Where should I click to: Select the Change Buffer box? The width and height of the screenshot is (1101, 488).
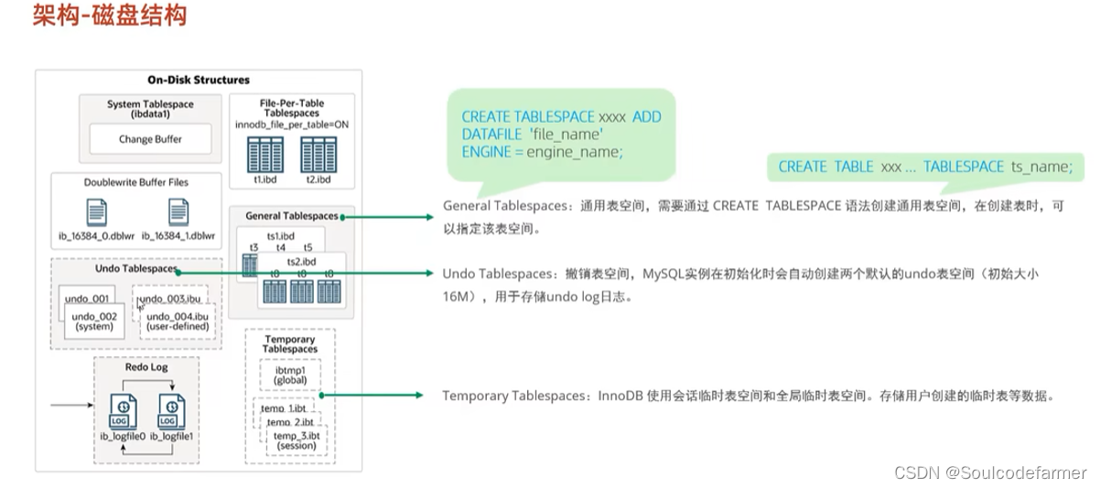point(150,140)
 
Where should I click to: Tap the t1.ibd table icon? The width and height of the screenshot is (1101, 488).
point(265,152)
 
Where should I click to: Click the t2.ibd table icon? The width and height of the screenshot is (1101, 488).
point(318,152)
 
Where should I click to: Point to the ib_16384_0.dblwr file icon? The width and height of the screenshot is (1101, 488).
point(97,213)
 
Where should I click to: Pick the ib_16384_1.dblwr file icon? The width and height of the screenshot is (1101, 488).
point(179,213)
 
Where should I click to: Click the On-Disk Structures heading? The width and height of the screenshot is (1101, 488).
point(199,80)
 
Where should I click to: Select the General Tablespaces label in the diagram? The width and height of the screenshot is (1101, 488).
point(291,216)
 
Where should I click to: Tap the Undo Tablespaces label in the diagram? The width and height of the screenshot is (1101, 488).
point(135,269)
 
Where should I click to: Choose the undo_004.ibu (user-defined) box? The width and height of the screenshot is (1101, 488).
point(178,321)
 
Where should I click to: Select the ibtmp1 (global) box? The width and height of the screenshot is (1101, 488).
point(289,374)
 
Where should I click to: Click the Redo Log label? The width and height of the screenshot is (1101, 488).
point(146,367)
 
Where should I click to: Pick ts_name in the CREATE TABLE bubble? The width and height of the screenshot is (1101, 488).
point(1040,167)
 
